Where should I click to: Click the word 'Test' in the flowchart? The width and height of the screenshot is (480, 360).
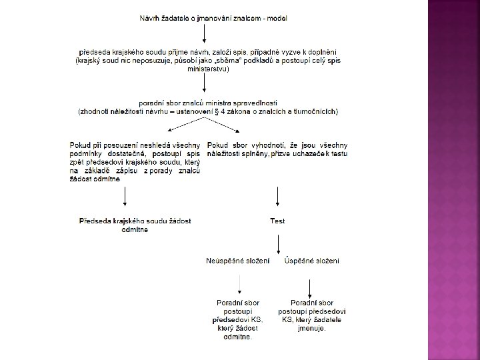(x=277, y=221)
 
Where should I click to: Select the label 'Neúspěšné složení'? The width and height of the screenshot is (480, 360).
(x=238, y=260)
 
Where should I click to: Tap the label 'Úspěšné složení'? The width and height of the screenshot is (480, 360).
(x=311, y=260)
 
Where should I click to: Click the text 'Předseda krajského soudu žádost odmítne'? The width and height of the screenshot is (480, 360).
(x=135, y=225)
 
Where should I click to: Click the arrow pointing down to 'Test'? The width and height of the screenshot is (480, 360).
(x=277, y=197)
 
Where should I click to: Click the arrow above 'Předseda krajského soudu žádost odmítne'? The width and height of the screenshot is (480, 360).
(x=125, y=197)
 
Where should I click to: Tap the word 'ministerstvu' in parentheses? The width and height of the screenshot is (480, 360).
(x=209, y=68)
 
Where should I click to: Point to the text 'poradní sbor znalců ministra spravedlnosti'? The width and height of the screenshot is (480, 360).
(x=208, y=103)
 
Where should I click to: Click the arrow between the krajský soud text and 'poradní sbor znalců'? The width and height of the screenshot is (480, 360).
(x=208, y=85)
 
